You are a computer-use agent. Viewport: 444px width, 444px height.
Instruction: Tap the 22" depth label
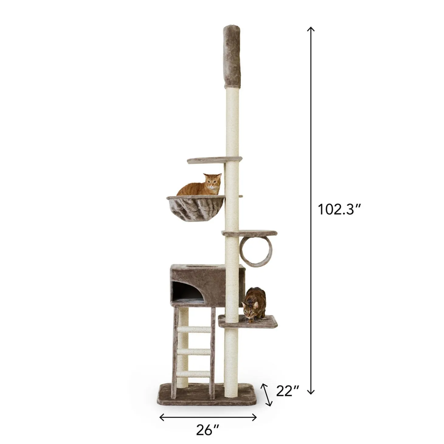[287, 391]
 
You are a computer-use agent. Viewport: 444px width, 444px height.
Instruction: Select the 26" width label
[207, 430]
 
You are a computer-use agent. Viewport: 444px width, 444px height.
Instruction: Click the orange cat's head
[213, 182]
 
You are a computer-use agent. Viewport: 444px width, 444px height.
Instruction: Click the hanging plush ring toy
[256, 251]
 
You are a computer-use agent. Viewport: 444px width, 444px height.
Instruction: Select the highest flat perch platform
[214, 160]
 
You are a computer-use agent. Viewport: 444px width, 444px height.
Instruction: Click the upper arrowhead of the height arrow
[310, 29]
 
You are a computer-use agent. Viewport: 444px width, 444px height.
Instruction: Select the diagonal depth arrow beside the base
[267, 394]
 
